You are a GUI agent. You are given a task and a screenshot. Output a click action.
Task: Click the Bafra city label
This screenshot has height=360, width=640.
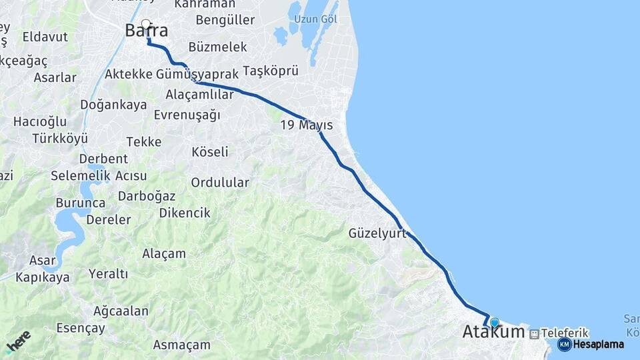146,31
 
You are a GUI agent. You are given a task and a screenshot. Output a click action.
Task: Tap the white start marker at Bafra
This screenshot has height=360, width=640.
146,25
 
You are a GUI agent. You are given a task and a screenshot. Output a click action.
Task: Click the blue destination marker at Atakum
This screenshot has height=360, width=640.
494,323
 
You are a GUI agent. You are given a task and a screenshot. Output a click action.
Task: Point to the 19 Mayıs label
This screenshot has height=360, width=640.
306,125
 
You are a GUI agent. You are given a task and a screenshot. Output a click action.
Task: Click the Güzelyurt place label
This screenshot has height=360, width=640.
377,233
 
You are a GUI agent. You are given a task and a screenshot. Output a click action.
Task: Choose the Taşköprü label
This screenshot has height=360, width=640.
270,71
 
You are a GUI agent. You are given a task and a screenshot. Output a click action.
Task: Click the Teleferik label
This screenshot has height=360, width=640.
565,332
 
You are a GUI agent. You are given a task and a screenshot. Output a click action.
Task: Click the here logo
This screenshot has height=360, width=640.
17,342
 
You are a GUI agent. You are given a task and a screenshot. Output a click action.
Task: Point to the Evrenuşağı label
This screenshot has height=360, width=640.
187,115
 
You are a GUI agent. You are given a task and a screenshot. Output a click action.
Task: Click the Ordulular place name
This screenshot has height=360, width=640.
220,182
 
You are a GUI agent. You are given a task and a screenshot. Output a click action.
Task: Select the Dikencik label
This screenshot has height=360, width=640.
185,213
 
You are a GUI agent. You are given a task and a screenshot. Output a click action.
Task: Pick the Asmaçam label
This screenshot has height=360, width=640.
181,345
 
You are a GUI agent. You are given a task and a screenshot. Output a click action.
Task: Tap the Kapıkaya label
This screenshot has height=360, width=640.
43,277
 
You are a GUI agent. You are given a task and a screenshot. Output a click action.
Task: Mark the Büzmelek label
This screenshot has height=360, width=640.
218,47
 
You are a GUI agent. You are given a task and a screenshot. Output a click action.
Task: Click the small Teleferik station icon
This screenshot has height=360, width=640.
534,333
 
